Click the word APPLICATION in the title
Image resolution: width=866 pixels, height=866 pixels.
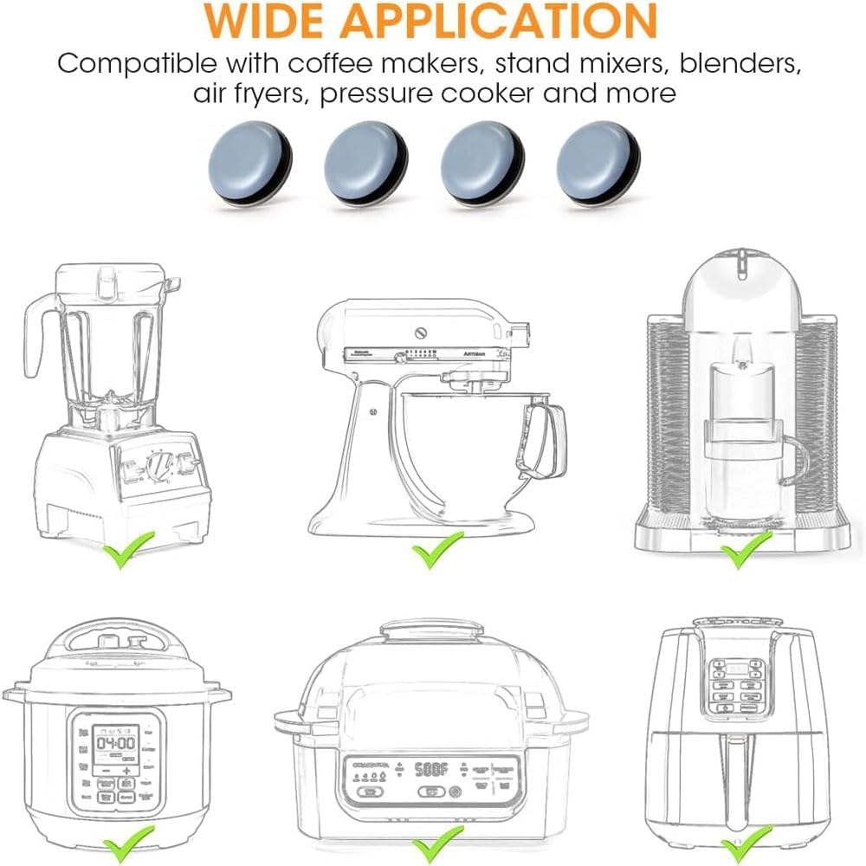[509, 20]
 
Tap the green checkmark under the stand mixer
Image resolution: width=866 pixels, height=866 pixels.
[436, 551]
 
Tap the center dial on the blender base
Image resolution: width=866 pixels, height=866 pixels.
[158, 469]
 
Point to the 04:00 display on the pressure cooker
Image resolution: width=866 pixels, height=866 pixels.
[115, 743]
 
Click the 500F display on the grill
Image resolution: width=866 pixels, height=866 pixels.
[430, 768]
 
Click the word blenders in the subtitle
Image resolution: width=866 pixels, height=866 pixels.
[736, 64]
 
